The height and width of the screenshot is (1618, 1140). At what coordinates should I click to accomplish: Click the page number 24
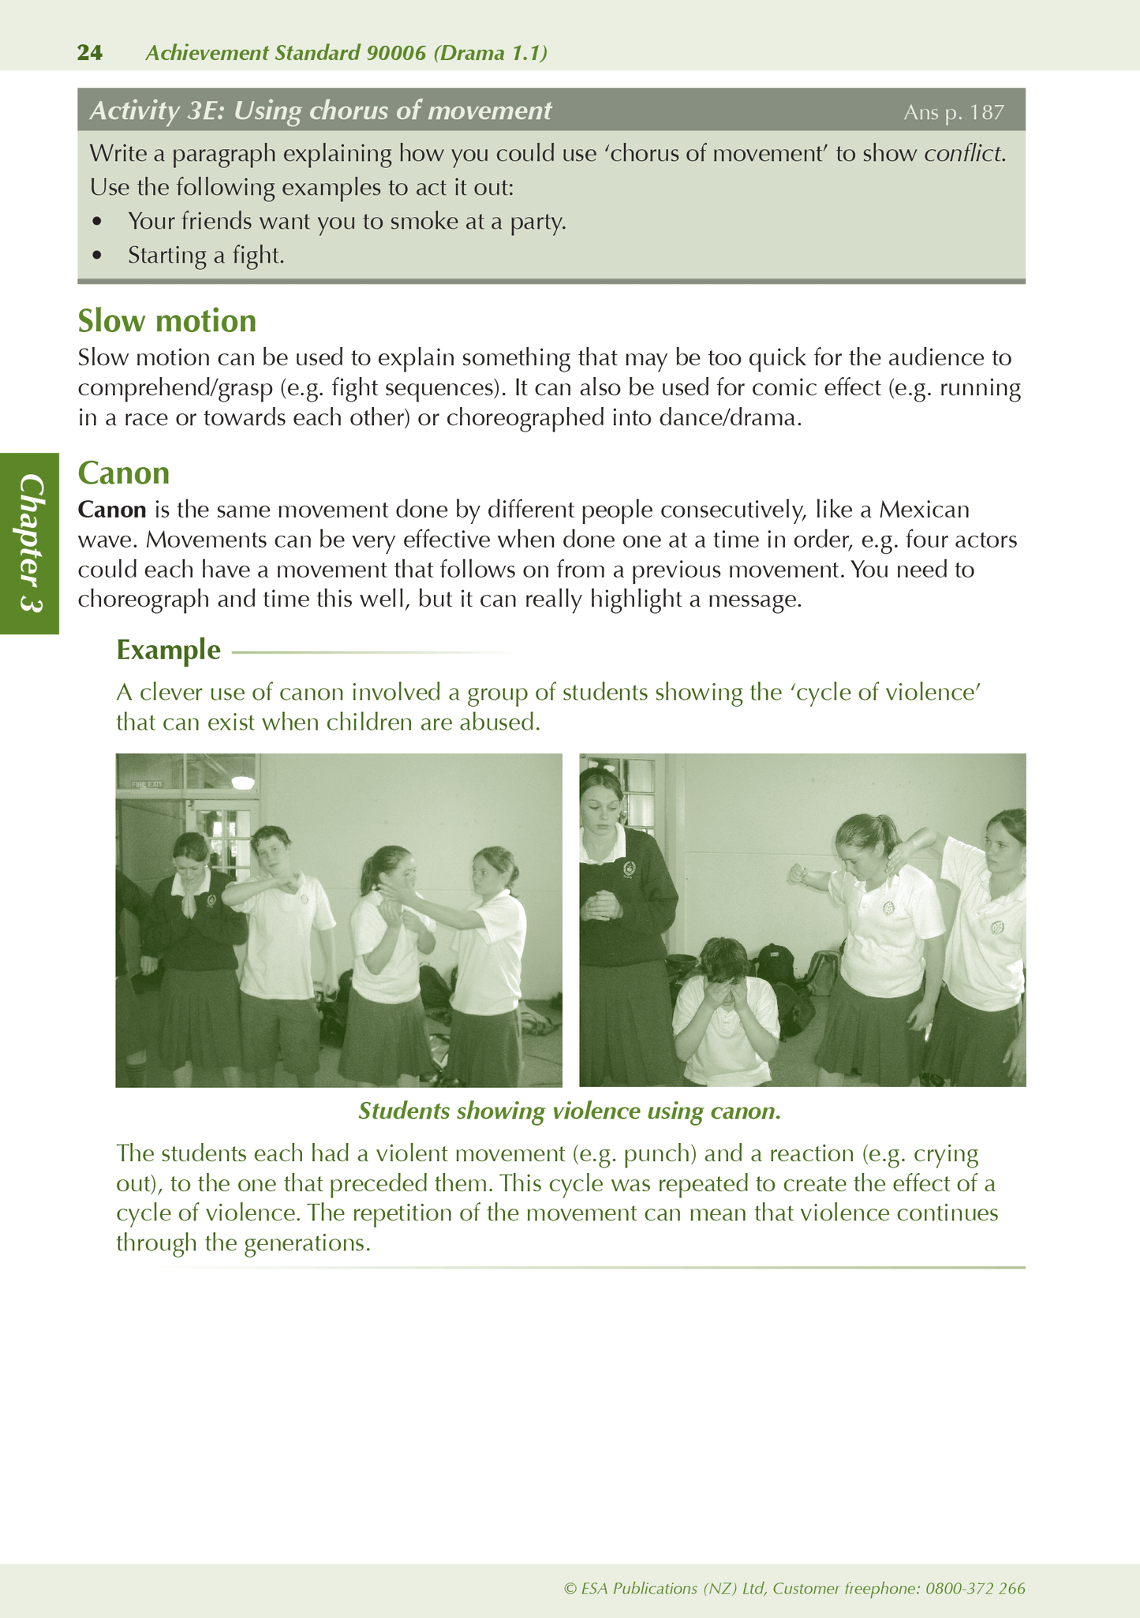pos(90,53)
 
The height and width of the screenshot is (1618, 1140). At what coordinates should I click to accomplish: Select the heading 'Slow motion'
pos(167,321)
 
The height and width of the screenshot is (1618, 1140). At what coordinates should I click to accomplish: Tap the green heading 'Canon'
pos(124,473)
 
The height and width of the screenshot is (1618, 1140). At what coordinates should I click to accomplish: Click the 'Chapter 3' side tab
pos(30,543)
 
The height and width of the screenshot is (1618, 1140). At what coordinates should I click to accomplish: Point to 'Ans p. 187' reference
pos(953,112)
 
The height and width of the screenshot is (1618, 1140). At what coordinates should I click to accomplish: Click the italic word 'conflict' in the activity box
pos(963,153)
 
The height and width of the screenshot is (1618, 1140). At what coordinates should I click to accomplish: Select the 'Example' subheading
pos(168,649)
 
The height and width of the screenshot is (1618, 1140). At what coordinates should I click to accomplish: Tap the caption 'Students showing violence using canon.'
pos(570,1111)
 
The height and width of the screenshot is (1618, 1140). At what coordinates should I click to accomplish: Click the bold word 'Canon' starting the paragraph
pos(112,510)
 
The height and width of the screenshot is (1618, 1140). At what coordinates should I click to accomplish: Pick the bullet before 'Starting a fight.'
pos(97,256)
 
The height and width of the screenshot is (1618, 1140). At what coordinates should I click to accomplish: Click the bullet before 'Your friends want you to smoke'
pos(97,222)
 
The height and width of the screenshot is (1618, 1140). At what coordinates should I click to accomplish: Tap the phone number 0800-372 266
pos(976,1588)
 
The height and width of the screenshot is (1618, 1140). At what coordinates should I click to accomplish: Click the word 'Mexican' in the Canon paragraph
pos(925,510)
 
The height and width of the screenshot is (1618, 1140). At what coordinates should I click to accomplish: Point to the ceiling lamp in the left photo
pos(243,782)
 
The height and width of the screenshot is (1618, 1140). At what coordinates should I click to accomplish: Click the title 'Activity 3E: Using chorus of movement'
pos(320,110)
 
